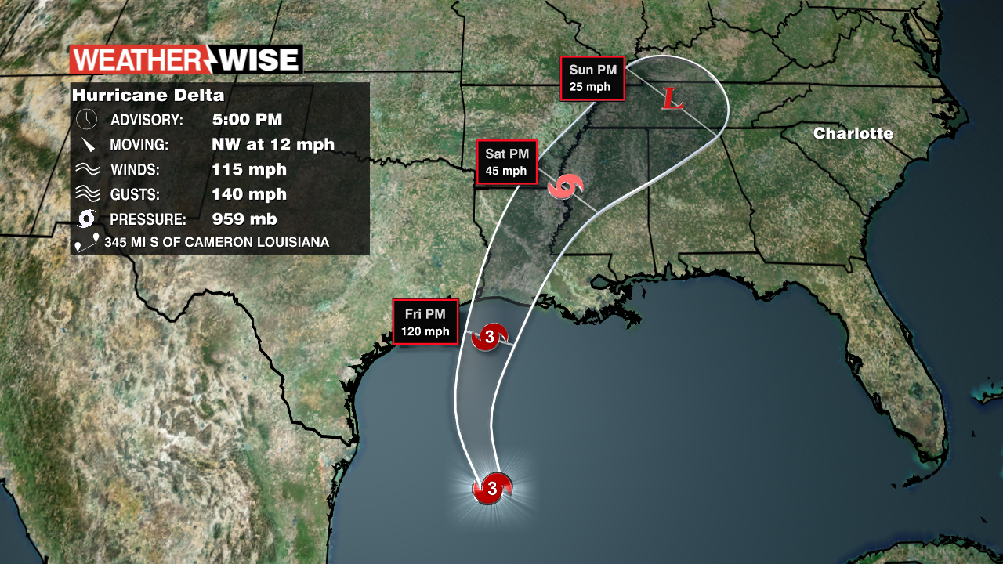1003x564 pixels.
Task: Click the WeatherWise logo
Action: point(186,60)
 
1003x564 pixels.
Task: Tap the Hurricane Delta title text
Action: point(148,96)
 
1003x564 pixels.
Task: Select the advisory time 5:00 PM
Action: point(247,120)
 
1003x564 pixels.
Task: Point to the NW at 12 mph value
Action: point(273,144)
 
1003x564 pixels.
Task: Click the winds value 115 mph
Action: point(249,169)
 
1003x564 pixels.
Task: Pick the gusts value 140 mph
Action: point(249,194)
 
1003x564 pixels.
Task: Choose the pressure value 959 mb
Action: point(244,219)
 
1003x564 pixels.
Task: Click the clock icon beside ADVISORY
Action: point(87,120)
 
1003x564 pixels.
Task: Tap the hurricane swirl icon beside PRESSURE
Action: point(87,219)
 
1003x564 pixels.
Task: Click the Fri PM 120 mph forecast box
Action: point(425,322)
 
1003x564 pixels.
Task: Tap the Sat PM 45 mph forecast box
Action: point(506,162)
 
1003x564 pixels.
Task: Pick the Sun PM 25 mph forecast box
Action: point(592,78)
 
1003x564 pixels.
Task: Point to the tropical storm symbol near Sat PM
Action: point(566,187)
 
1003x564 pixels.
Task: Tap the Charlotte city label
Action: point(853,133)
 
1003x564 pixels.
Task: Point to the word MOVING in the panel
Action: point(139,145)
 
